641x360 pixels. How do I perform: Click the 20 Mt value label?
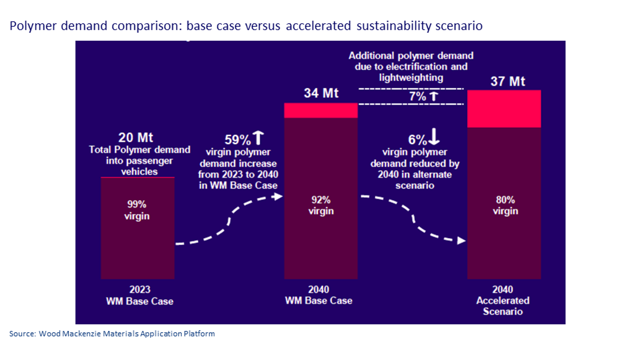136,138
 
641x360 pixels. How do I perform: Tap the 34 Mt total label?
321,93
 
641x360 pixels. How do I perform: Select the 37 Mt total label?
507,81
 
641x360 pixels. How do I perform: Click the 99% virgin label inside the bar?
137,210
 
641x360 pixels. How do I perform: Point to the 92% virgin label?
321,205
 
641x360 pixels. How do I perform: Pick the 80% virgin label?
505,205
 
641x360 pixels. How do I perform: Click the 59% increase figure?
238,140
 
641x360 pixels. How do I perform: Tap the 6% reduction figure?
417,140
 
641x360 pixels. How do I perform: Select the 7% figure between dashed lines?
417,96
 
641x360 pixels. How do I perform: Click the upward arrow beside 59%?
258,138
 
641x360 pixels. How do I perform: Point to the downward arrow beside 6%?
434,137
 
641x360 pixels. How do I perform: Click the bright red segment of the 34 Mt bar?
321,110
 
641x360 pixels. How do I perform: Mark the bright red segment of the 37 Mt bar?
504,108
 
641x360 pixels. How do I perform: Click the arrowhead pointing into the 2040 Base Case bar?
278,196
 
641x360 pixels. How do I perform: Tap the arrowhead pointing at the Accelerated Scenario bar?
461,241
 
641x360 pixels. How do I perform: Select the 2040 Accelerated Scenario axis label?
502,301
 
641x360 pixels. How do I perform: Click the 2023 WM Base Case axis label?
140,295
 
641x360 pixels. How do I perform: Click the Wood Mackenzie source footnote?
112,334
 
